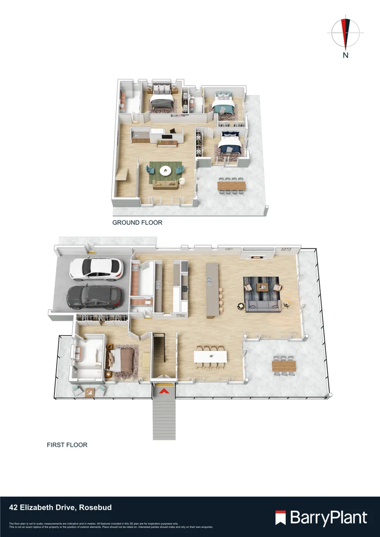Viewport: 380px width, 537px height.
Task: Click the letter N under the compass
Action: (x=346, y=56)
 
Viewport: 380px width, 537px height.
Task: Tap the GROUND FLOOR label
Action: (x=137, y=223)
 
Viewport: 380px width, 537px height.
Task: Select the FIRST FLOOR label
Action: (x=67, y=445)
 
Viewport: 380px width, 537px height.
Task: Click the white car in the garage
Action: (x=96, y=268)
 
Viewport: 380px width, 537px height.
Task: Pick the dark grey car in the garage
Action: (x=94, y=297)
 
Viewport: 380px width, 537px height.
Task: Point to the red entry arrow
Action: (x=164, y=391)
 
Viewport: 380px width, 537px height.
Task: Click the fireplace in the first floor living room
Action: (x=256, y=257)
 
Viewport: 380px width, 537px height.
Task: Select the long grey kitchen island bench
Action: (x=212, y=289)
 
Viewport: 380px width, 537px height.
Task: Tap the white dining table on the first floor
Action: (x=210, y=357)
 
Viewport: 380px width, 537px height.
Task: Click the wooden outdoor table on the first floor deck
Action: (x=284, y=366)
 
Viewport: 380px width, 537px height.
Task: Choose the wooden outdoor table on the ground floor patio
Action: (x=231, y=185)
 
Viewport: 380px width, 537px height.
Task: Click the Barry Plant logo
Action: (x=321, y=518)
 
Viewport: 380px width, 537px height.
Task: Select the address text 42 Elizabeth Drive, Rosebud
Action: (x=60, y=508)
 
